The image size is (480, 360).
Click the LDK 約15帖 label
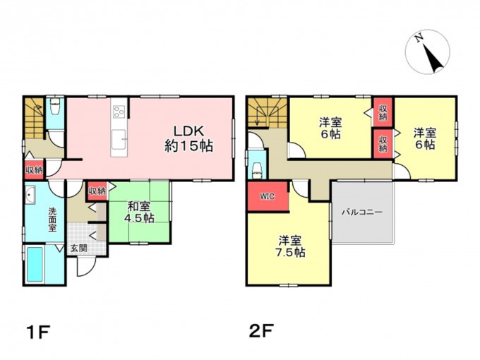point(189,138)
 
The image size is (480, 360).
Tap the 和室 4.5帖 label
point(139,212)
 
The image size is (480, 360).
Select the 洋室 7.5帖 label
point(291,246)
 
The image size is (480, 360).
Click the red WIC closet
point(268,196)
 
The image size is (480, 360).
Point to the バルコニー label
point(362,212)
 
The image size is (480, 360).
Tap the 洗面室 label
point(52,220)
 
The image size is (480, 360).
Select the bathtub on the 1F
point(35,264)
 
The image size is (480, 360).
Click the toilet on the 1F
point(55,106)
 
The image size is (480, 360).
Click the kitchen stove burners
point(119,112)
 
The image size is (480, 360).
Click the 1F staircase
point(35,118)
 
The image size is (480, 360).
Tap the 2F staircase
point(268,112)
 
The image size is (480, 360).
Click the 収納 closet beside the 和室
point(97,191)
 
